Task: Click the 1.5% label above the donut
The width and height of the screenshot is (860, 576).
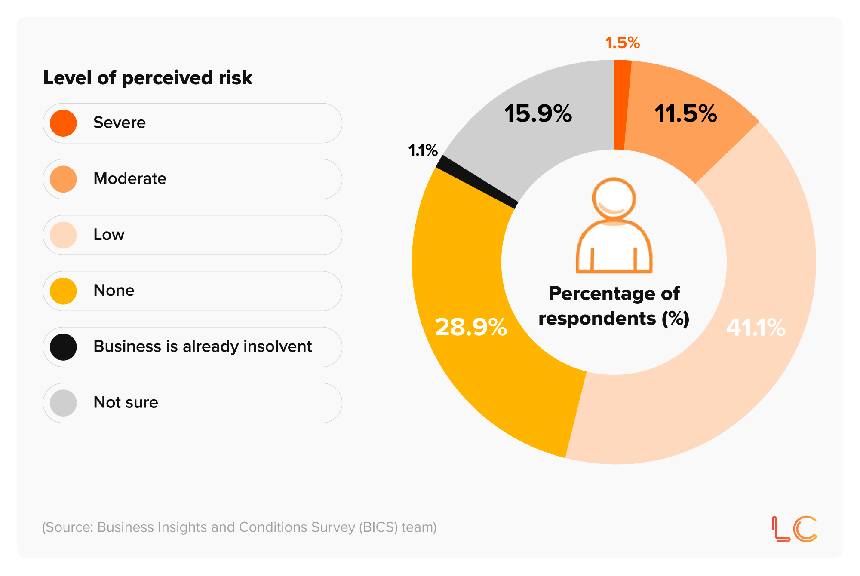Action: (x=622, y=43)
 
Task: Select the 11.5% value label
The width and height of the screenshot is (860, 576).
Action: (x=685, y=114)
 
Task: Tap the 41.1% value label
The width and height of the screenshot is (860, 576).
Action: (x=756, y=328)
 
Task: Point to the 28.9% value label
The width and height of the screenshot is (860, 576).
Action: (x=471, y=327)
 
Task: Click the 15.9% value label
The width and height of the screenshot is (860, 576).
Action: (x=538, y=114)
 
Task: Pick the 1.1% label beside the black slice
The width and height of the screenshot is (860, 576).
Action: (x=423, y=150)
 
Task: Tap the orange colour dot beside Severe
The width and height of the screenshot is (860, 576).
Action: (x=63, y=123)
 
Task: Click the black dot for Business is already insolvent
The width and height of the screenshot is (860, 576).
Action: (x=63, y=347)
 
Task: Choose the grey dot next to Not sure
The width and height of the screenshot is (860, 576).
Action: (x=63, y=403)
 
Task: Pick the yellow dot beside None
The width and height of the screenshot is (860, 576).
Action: (x=63, y=291)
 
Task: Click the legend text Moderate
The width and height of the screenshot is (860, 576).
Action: (x=130, y=179)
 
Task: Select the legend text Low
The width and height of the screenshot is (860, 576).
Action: (x=109, y=235)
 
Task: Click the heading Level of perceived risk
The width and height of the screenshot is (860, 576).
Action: (x=147, y=78)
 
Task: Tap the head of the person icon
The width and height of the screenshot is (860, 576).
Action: (x=614, y=199)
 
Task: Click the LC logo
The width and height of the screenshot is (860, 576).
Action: (x=794, y=529)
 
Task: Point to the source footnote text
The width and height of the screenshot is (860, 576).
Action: (x=239, y=527)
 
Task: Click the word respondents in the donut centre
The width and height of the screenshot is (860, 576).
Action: (x=597, y=319)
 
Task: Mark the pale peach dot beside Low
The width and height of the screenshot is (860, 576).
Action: (x=63, y=235)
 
